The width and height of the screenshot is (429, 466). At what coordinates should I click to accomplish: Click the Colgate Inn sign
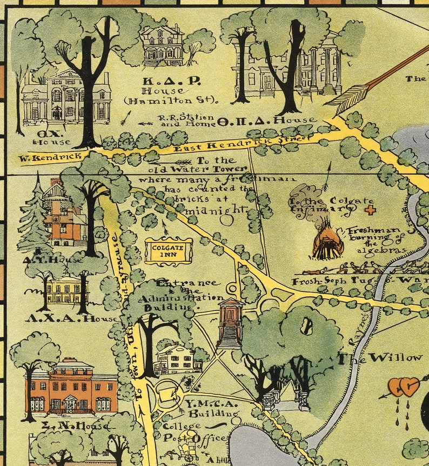169,251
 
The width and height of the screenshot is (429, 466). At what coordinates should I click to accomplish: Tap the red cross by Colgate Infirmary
370,210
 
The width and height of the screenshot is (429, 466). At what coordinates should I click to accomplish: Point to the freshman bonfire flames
327,242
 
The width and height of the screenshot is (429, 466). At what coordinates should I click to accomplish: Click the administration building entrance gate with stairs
231,323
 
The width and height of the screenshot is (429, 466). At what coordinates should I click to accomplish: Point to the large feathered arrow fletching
345,99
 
